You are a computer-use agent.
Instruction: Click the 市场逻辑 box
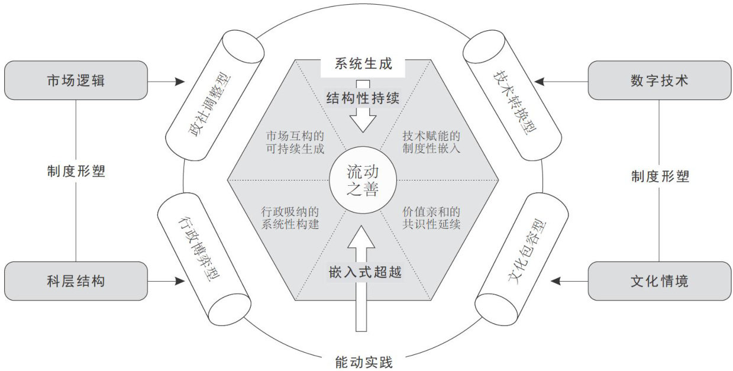pyautogui.click(x=76, y=80)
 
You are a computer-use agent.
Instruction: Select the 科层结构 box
pyautogui.click(x=76, y=281)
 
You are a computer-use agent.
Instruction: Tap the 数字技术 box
pyautogui.click(x=659, y=80)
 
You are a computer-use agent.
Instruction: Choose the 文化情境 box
pyautogui.click(x=659, y=281)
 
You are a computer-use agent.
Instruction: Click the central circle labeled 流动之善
pyautogui.click(x=363, y=180)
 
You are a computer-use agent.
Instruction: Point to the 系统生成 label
pyautogui.click(x=363, y=63)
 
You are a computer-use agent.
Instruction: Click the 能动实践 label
pyautogui.click(x=363, y=360)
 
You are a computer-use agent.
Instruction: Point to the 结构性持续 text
pyautogui.click(x=363, y=98)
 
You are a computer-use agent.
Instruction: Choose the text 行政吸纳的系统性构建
pyautogui.click(x=290, y=217)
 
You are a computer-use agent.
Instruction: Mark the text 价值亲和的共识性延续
pyautogui.click(x=431, y=217)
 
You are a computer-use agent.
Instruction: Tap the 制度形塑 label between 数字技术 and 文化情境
pyautogui.click(x=659, y=176)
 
